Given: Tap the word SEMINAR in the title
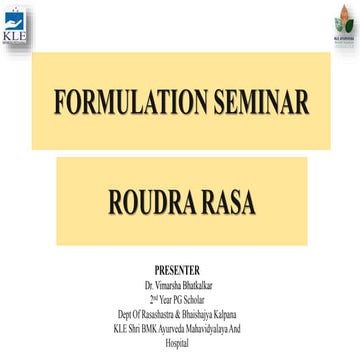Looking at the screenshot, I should click(x=249, y=101).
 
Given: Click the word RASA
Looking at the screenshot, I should click(x=227, y=205).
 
